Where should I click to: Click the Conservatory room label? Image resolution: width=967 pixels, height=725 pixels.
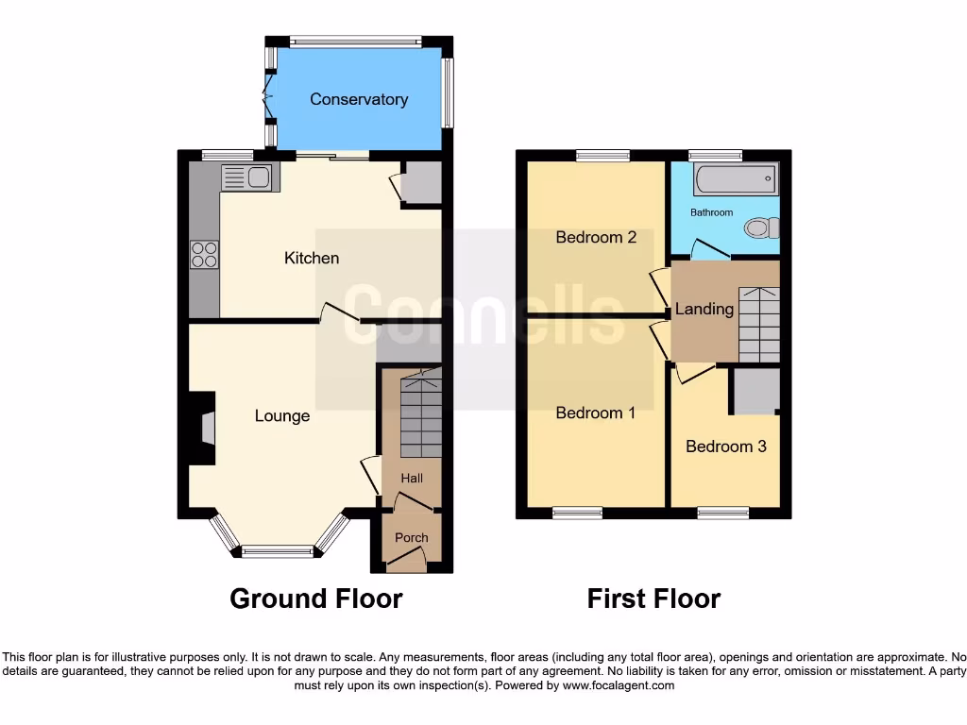point(359,99)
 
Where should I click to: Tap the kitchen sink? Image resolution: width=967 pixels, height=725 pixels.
point(247,177)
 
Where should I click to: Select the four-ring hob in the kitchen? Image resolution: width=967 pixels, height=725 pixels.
point(205,255)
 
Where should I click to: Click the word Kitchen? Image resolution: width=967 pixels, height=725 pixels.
point(312,258)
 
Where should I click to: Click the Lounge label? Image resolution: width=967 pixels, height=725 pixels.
point(281,415)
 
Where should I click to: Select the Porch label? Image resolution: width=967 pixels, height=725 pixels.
point(411,538)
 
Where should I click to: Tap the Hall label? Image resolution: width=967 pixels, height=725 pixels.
point(411,479)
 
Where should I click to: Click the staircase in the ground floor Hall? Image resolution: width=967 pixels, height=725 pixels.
point(418,415)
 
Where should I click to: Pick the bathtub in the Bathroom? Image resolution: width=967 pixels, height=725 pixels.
point(734,177)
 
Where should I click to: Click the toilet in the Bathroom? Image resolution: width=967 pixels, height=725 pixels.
point(761,228)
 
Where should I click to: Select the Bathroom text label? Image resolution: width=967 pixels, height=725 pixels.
point(711,212)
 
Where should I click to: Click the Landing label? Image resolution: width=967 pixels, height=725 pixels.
point(704,309)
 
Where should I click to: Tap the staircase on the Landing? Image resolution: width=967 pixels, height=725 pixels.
point(759,324)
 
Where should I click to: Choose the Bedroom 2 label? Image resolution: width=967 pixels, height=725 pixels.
point(596,237)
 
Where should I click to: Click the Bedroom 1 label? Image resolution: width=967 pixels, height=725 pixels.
point(596,413)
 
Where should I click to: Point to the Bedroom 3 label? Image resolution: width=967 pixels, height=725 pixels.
point(725,447)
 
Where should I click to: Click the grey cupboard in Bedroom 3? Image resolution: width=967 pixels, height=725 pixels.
point(757,392)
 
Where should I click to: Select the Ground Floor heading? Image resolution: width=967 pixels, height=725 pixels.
point(316,599)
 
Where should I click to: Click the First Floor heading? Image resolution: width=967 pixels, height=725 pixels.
point(653,599)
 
